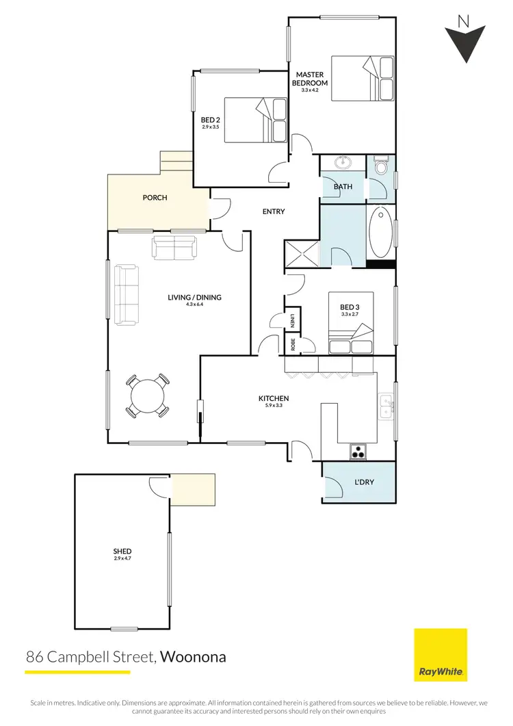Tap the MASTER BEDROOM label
click(x=311, y=78)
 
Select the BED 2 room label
click(x=211, y=118)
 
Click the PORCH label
click(x=155, y=198)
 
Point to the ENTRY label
click(x=274, y=211)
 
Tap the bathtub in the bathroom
click(x=381, y=232)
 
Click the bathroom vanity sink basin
click(x=342, y=164)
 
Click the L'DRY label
click(x=365, y=482)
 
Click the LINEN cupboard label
click(x=292, y=320)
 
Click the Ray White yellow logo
click(x=441, y=655)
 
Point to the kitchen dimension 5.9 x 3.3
click(x=274, y=406)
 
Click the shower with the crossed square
click(x=301, y=253)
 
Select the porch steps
click(x=176, y=162)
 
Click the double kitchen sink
click(x=387, y=408)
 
